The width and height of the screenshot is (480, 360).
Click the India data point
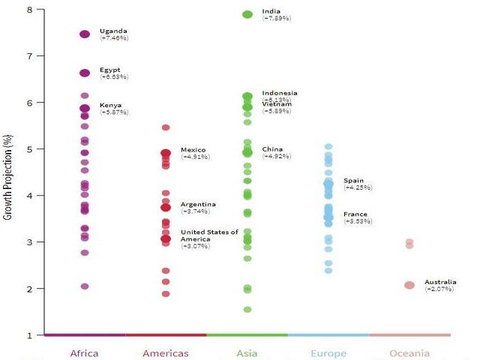point(247,14)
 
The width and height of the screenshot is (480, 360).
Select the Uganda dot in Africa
point(85,34)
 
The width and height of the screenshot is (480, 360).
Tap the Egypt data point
point(85,73)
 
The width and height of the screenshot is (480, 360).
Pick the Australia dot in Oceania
point(409,285)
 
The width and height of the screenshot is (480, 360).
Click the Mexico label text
point(193,150)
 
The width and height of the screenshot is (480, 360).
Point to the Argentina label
point(198,204)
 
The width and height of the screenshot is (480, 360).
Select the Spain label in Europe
point(353,181)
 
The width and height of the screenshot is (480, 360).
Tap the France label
point(355,214)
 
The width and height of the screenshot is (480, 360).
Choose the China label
point(272,149)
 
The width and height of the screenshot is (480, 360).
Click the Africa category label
point(84,353)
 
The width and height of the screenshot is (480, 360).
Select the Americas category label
point(166,353)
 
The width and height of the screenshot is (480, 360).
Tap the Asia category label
point(247,353)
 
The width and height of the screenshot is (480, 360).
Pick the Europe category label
point(328,353)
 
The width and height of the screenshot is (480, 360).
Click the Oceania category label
point(409,353)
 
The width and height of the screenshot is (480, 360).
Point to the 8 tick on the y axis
point(29,10)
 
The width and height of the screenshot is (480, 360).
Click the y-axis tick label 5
point(29,149)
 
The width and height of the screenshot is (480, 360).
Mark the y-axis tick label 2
point(29,289)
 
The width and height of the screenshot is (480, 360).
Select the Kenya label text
point(110,105)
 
